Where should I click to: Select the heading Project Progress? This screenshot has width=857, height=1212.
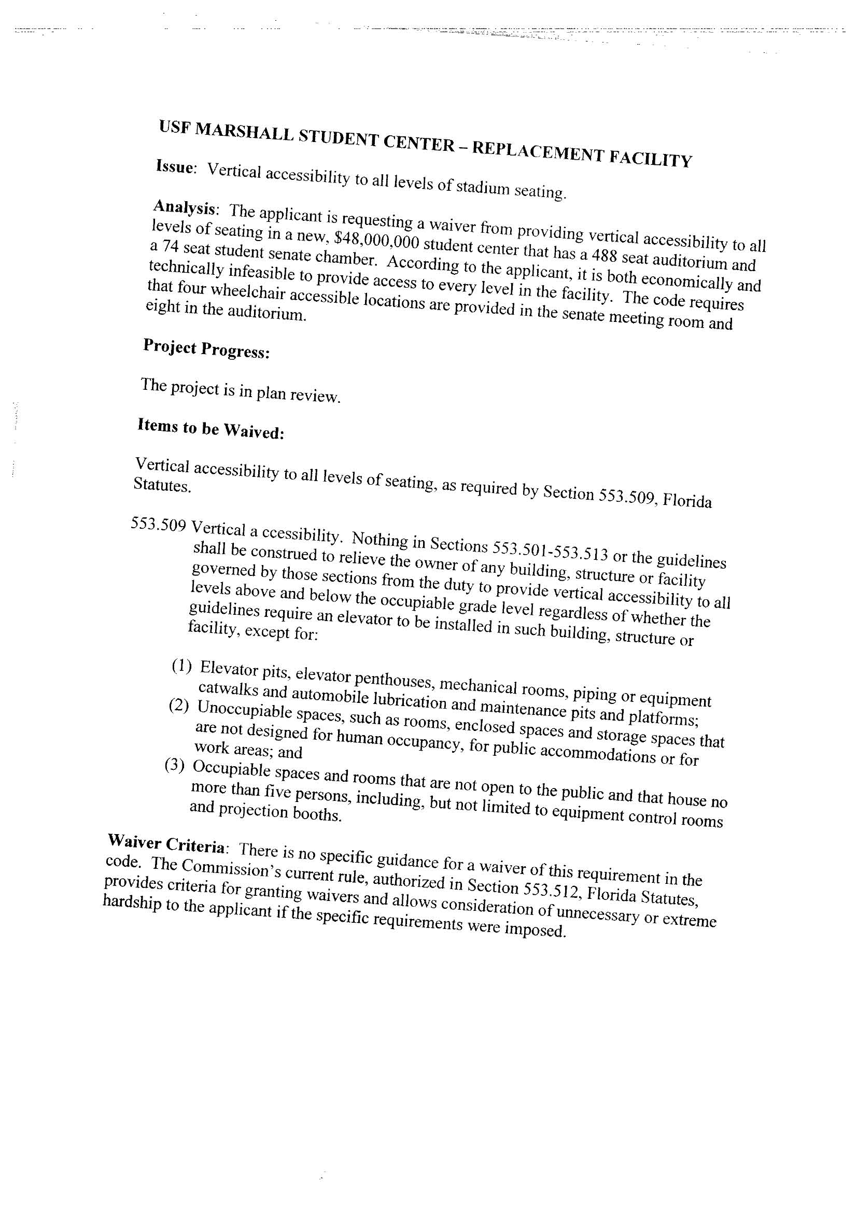pos(206,349)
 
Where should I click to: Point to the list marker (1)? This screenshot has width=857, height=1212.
pos(181,666)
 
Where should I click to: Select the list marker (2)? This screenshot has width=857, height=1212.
pos(178,706)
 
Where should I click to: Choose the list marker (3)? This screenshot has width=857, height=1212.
pos(175,767)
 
